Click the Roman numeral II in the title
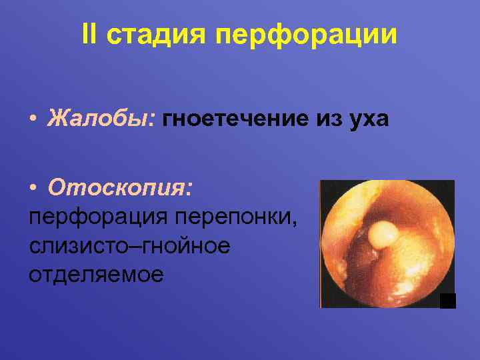point(91,35)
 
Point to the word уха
point(366,121)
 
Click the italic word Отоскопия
point(118,189)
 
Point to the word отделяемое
point(96,274)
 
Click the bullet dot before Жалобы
point(33,121)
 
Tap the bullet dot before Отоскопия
point(33,189)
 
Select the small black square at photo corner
point(448,301)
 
